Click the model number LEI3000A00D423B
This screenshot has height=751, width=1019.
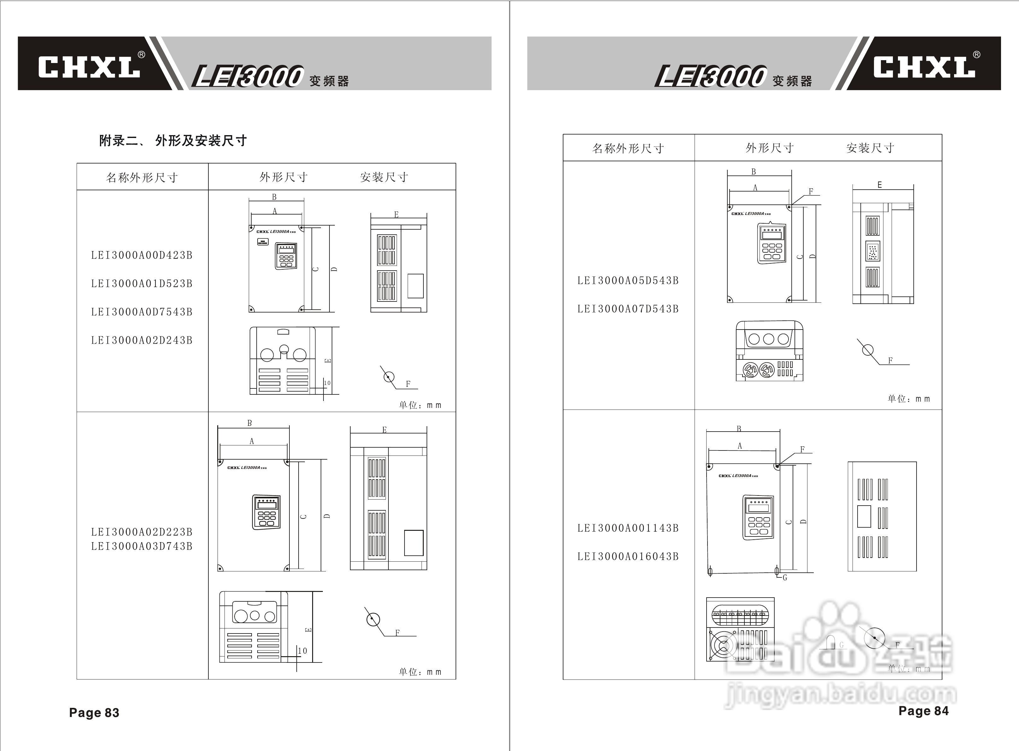(x=142, y=255)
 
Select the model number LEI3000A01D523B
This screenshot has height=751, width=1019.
(x=142, y=284)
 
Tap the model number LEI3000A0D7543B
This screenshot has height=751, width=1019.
(x=142, y=312)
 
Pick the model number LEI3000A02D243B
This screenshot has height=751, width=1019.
(x=142, y=340)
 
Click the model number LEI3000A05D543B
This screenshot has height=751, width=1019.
(x=628, y=280)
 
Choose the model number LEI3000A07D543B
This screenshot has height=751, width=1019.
(x=628, y=309)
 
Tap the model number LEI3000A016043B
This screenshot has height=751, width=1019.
(x=628, y=556)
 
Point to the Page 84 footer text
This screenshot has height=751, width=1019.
(x=923, y=711)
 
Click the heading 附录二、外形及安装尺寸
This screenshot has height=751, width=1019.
(x=173, y=141)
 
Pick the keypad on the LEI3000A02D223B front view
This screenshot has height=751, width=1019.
(x=266, y=512)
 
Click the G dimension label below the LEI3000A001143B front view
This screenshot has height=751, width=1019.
(x=785, y=578)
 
